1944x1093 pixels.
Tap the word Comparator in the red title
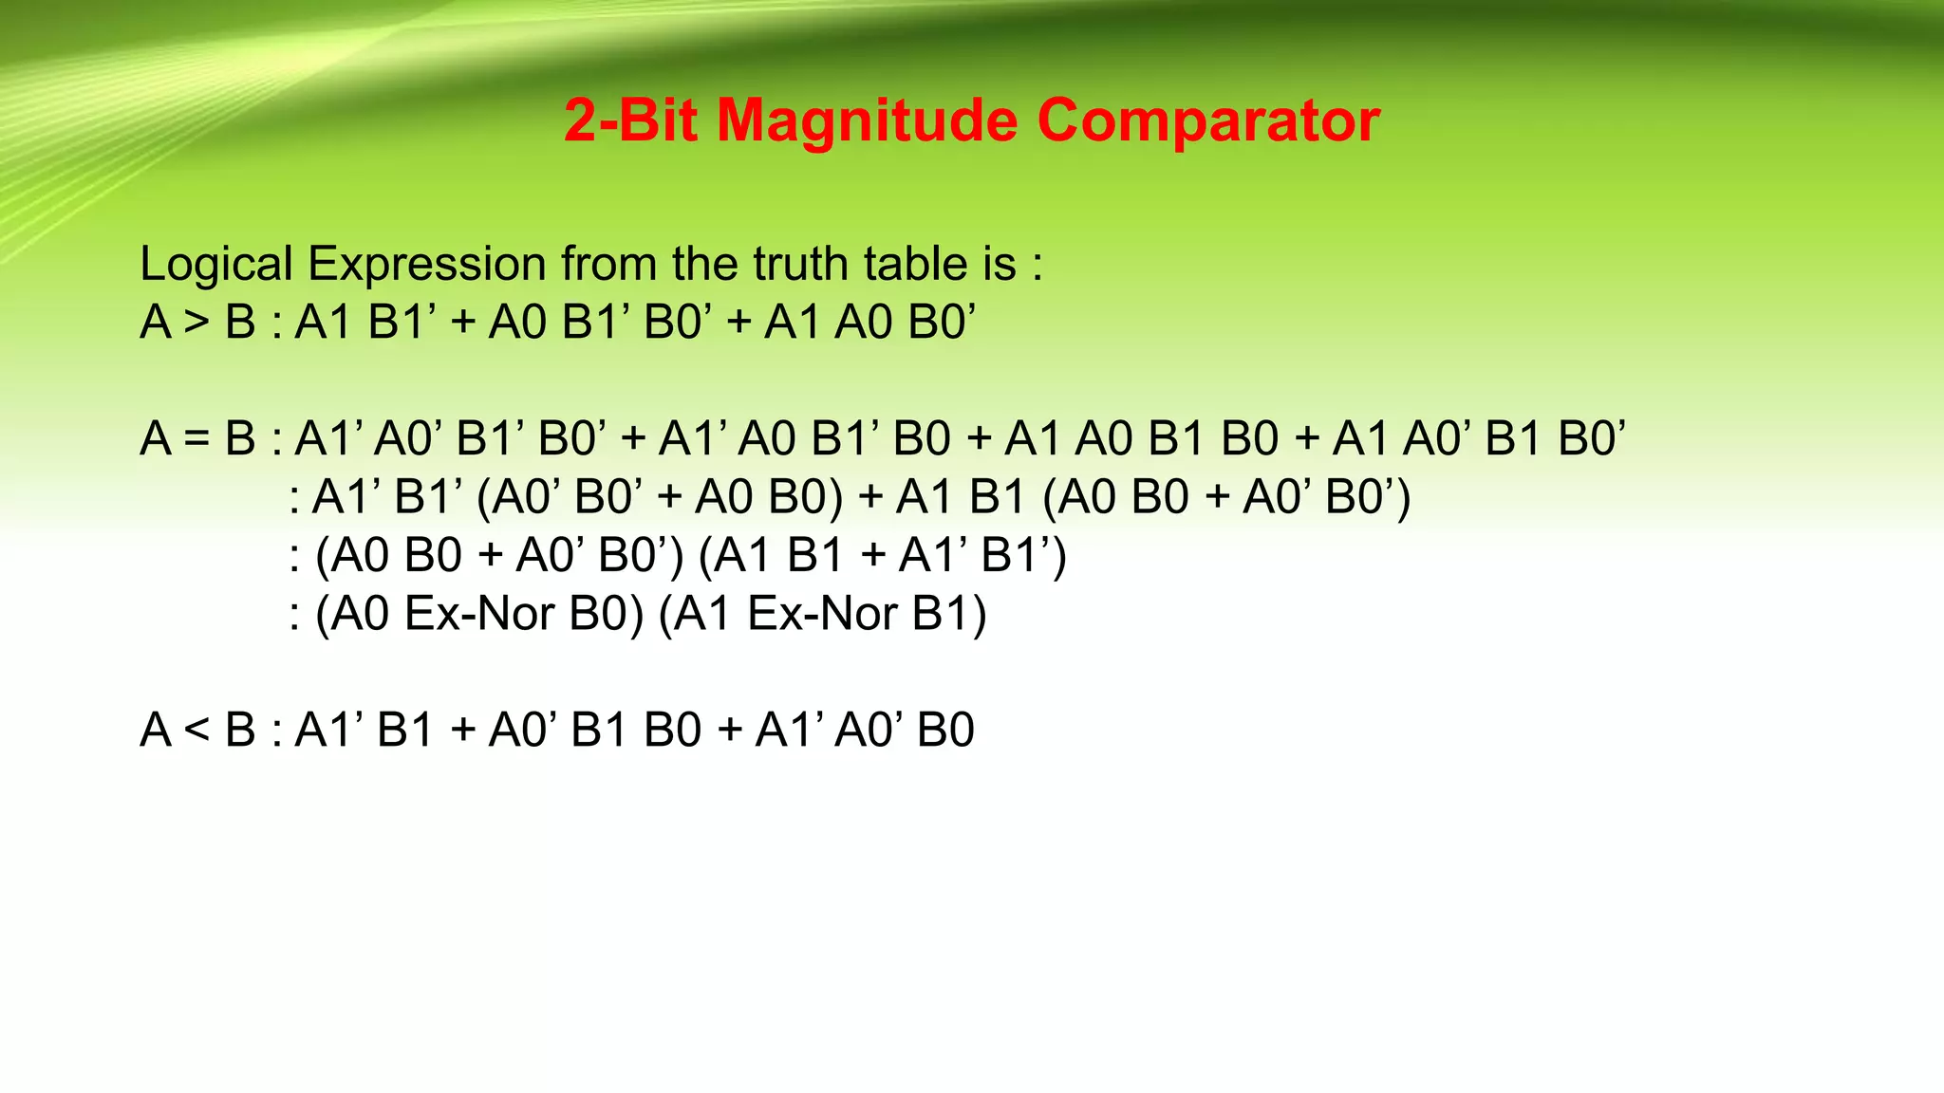pyautogui.click(x=1208, y=121)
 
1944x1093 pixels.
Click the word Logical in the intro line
pyautogui.click(x=215, y=264)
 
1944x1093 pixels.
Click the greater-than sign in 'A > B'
pyautogui.click(x=196, y=323)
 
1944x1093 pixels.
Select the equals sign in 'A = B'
pyautogui.click(x=196, y=439)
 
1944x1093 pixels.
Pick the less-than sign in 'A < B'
pyautogui.click(x=196, y=731)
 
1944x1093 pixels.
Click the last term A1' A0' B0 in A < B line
pyautogui.click(x=865, y=731)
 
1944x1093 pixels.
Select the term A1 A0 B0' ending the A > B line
pyautogui.click(x=869, y=323)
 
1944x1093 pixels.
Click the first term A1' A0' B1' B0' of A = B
pyautogui.click(x=451, y=439)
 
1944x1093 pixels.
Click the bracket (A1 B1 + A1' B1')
pyautogui.click(x=883, y=556)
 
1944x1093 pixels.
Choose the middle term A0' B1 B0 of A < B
pyautogui.click(x=595, y=731)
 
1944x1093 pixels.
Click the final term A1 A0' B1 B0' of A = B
pyautogui.click(x=1479, y=439)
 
